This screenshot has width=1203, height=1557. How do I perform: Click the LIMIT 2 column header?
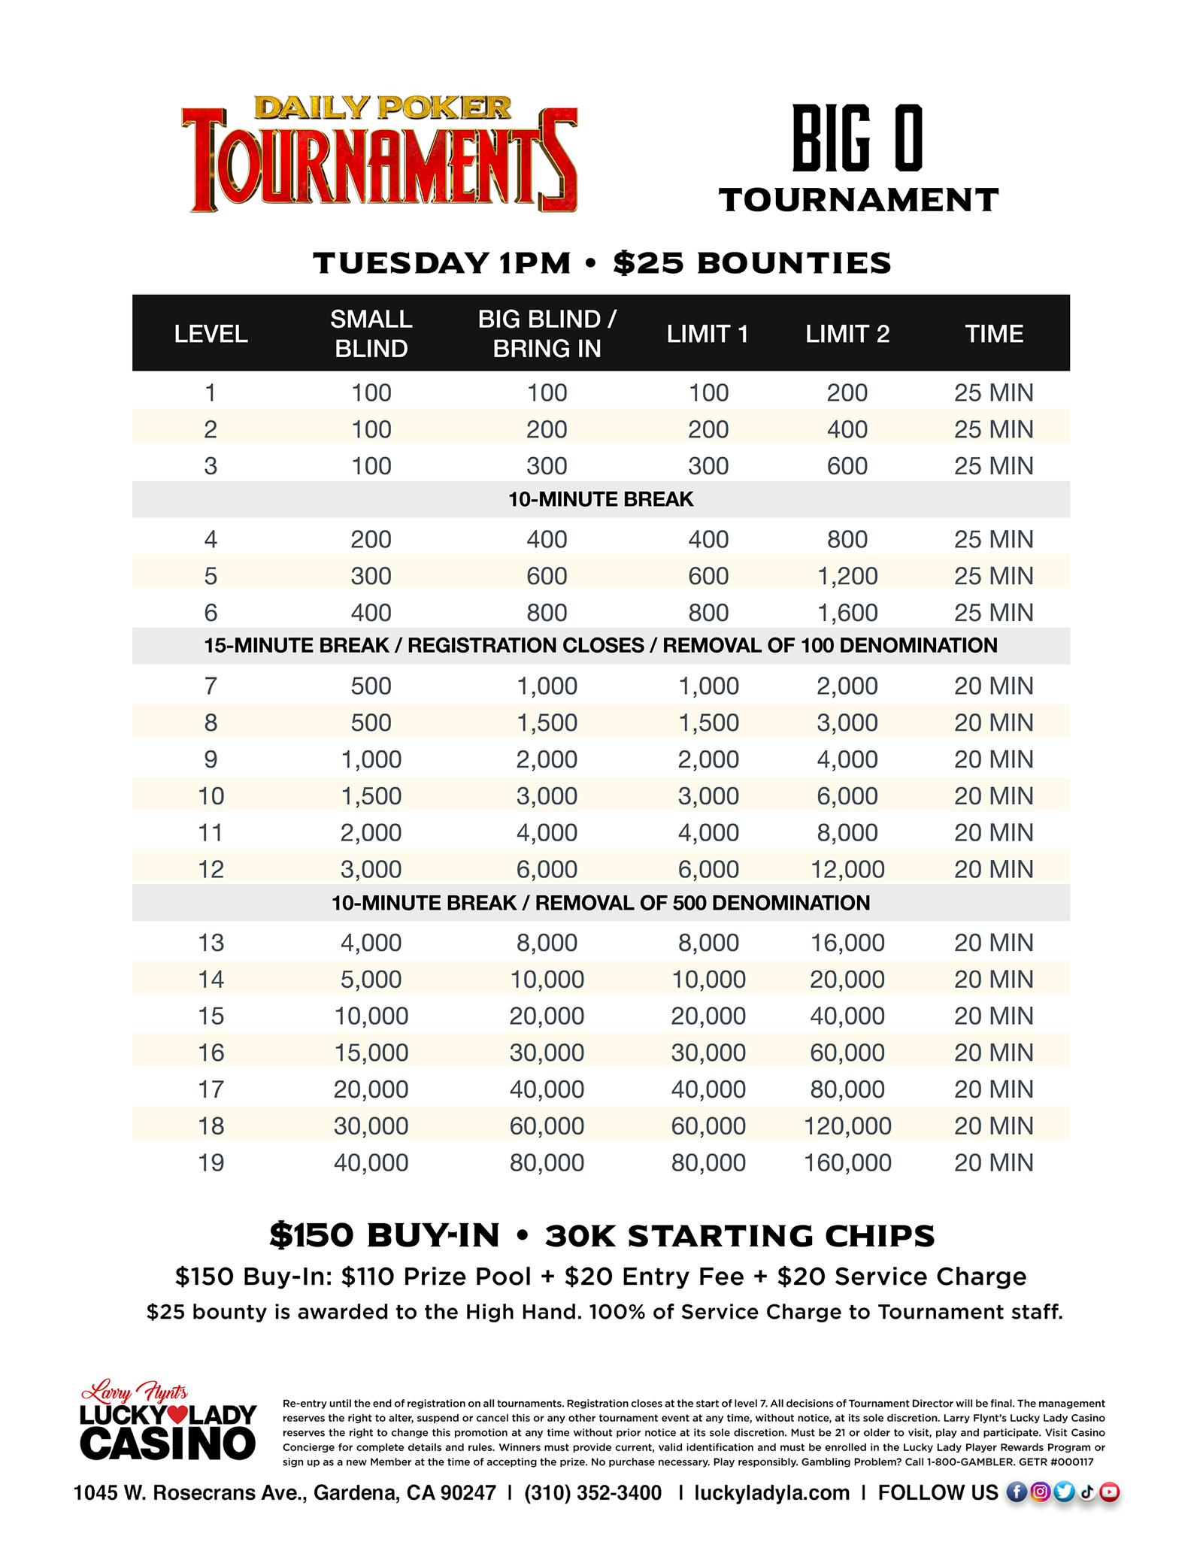(x=847, y=334)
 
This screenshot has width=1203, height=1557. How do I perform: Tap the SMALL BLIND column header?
(x=371, y=334)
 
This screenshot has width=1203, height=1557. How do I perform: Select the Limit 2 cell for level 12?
(x=847, y=869)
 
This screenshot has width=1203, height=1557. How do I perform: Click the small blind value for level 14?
(x=371, y=979)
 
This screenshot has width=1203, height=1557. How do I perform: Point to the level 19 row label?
(x=211, y=1162)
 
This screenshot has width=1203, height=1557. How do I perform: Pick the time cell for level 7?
(x=993, y=686)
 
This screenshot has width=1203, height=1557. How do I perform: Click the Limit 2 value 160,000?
(x=847, y=1162)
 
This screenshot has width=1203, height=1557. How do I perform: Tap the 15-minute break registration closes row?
(x=601, y=646)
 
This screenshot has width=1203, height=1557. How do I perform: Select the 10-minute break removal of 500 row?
(x=601, y=903)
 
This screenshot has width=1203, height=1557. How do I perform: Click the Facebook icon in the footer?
(x=1017, y=1492)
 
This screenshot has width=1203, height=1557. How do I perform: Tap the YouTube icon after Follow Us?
(x=1110, y=1492)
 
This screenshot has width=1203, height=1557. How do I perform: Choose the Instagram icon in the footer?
(x=1040, y=1492)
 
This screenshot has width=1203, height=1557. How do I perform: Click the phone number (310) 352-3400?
(x=593, y=1492)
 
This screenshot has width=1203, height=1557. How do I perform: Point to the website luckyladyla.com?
(x=771, y=1492)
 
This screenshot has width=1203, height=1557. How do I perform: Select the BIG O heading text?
(x=858, y=139)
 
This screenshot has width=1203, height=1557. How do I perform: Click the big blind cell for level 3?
(x=547, y=466)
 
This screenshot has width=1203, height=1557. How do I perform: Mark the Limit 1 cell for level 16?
(x=708, y=1053)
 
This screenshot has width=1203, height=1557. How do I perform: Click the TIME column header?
(x=993, y=334)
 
